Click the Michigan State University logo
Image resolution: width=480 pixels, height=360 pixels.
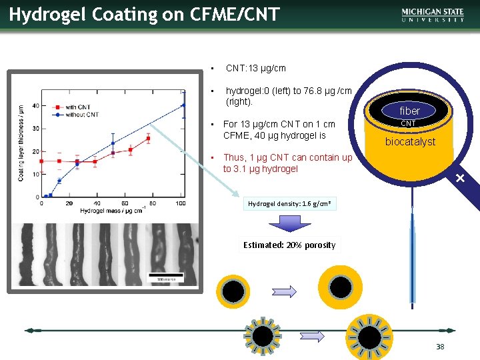(x=433, y=15)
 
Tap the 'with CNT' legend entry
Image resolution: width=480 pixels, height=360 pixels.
(x=76, y=107)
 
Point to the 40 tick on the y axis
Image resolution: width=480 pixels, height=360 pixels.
(x=35, y=105)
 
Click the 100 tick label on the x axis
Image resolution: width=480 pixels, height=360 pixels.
(x=180, y=203)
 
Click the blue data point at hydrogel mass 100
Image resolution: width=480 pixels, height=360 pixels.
(x=183, y=105)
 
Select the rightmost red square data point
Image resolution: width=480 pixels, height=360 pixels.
(x=148, y=139)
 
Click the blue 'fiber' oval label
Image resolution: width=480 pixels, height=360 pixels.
(x=409, y=111)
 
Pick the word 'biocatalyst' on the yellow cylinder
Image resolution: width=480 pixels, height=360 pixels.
(x=410, y=141)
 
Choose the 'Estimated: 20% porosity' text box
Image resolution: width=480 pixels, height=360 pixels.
(x=289, y=245)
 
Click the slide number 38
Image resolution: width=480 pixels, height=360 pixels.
(x=440, y=347)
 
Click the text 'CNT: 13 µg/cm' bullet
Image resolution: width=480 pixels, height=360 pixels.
(x=256, y=68)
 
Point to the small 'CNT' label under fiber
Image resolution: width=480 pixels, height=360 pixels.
(x=408, y=123)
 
